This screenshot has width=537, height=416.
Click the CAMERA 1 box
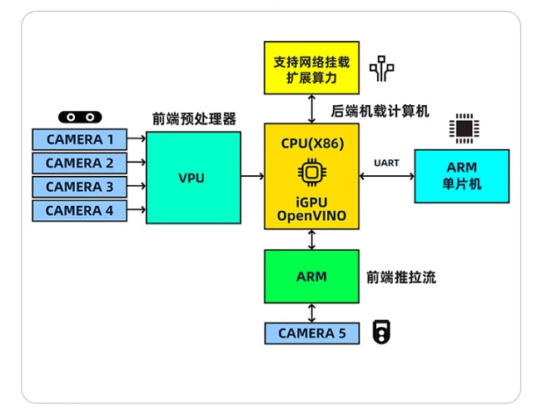(79, 139)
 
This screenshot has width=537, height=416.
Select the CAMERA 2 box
(79, 163)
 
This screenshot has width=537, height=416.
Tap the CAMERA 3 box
(79, 187)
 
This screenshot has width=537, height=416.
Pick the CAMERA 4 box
(79, 211)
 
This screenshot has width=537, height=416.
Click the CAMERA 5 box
(311, 333)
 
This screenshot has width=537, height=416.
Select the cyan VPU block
(191, 178)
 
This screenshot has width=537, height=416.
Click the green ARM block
(311, 276)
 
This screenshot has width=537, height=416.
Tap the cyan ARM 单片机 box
(461, 176)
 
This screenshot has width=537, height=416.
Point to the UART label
(387, 162)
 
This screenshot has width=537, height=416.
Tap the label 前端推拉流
(400, 277)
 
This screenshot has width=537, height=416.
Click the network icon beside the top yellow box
(381, 69)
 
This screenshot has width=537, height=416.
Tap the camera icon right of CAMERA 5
(381, 333)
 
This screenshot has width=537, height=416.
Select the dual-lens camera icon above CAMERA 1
(79, 118)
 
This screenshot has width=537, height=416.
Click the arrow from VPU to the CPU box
(252, 176)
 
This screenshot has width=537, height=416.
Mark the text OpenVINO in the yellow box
(311, 218)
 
